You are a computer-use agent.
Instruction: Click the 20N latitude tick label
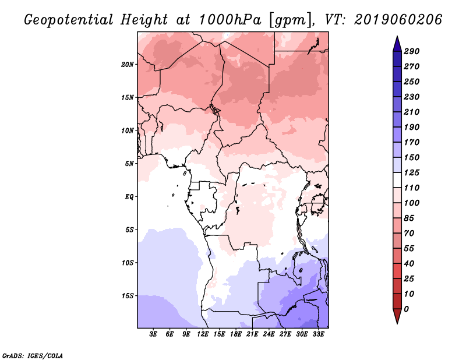coord(127,65)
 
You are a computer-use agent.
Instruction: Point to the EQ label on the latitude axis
coord(129,197)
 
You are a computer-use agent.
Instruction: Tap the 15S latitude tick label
coord(127,296)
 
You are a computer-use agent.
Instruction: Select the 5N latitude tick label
coord(129,164)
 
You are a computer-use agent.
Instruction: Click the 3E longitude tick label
coord(153,334)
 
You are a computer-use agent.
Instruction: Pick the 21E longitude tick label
coord(252,334)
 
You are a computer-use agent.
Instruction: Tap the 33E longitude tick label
coord(318,334)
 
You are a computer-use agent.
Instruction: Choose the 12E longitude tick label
coord(203,334)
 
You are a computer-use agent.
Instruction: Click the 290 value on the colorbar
coord(412,51)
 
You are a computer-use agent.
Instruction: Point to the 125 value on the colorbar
coord(412,172)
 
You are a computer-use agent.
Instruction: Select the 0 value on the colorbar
coord(406,309)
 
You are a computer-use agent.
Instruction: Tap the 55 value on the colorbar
coord(409,249)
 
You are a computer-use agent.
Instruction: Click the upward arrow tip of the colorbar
coord(397,36)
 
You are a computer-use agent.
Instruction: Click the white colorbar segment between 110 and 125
coord(397,180)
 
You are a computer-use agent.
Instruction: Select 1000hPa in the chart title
coord(230,20)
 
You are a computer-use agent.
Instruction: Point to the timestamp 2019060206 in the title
coord(398,20)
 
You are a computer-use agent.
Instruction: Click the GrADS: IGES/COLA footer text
coord(33,356)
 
